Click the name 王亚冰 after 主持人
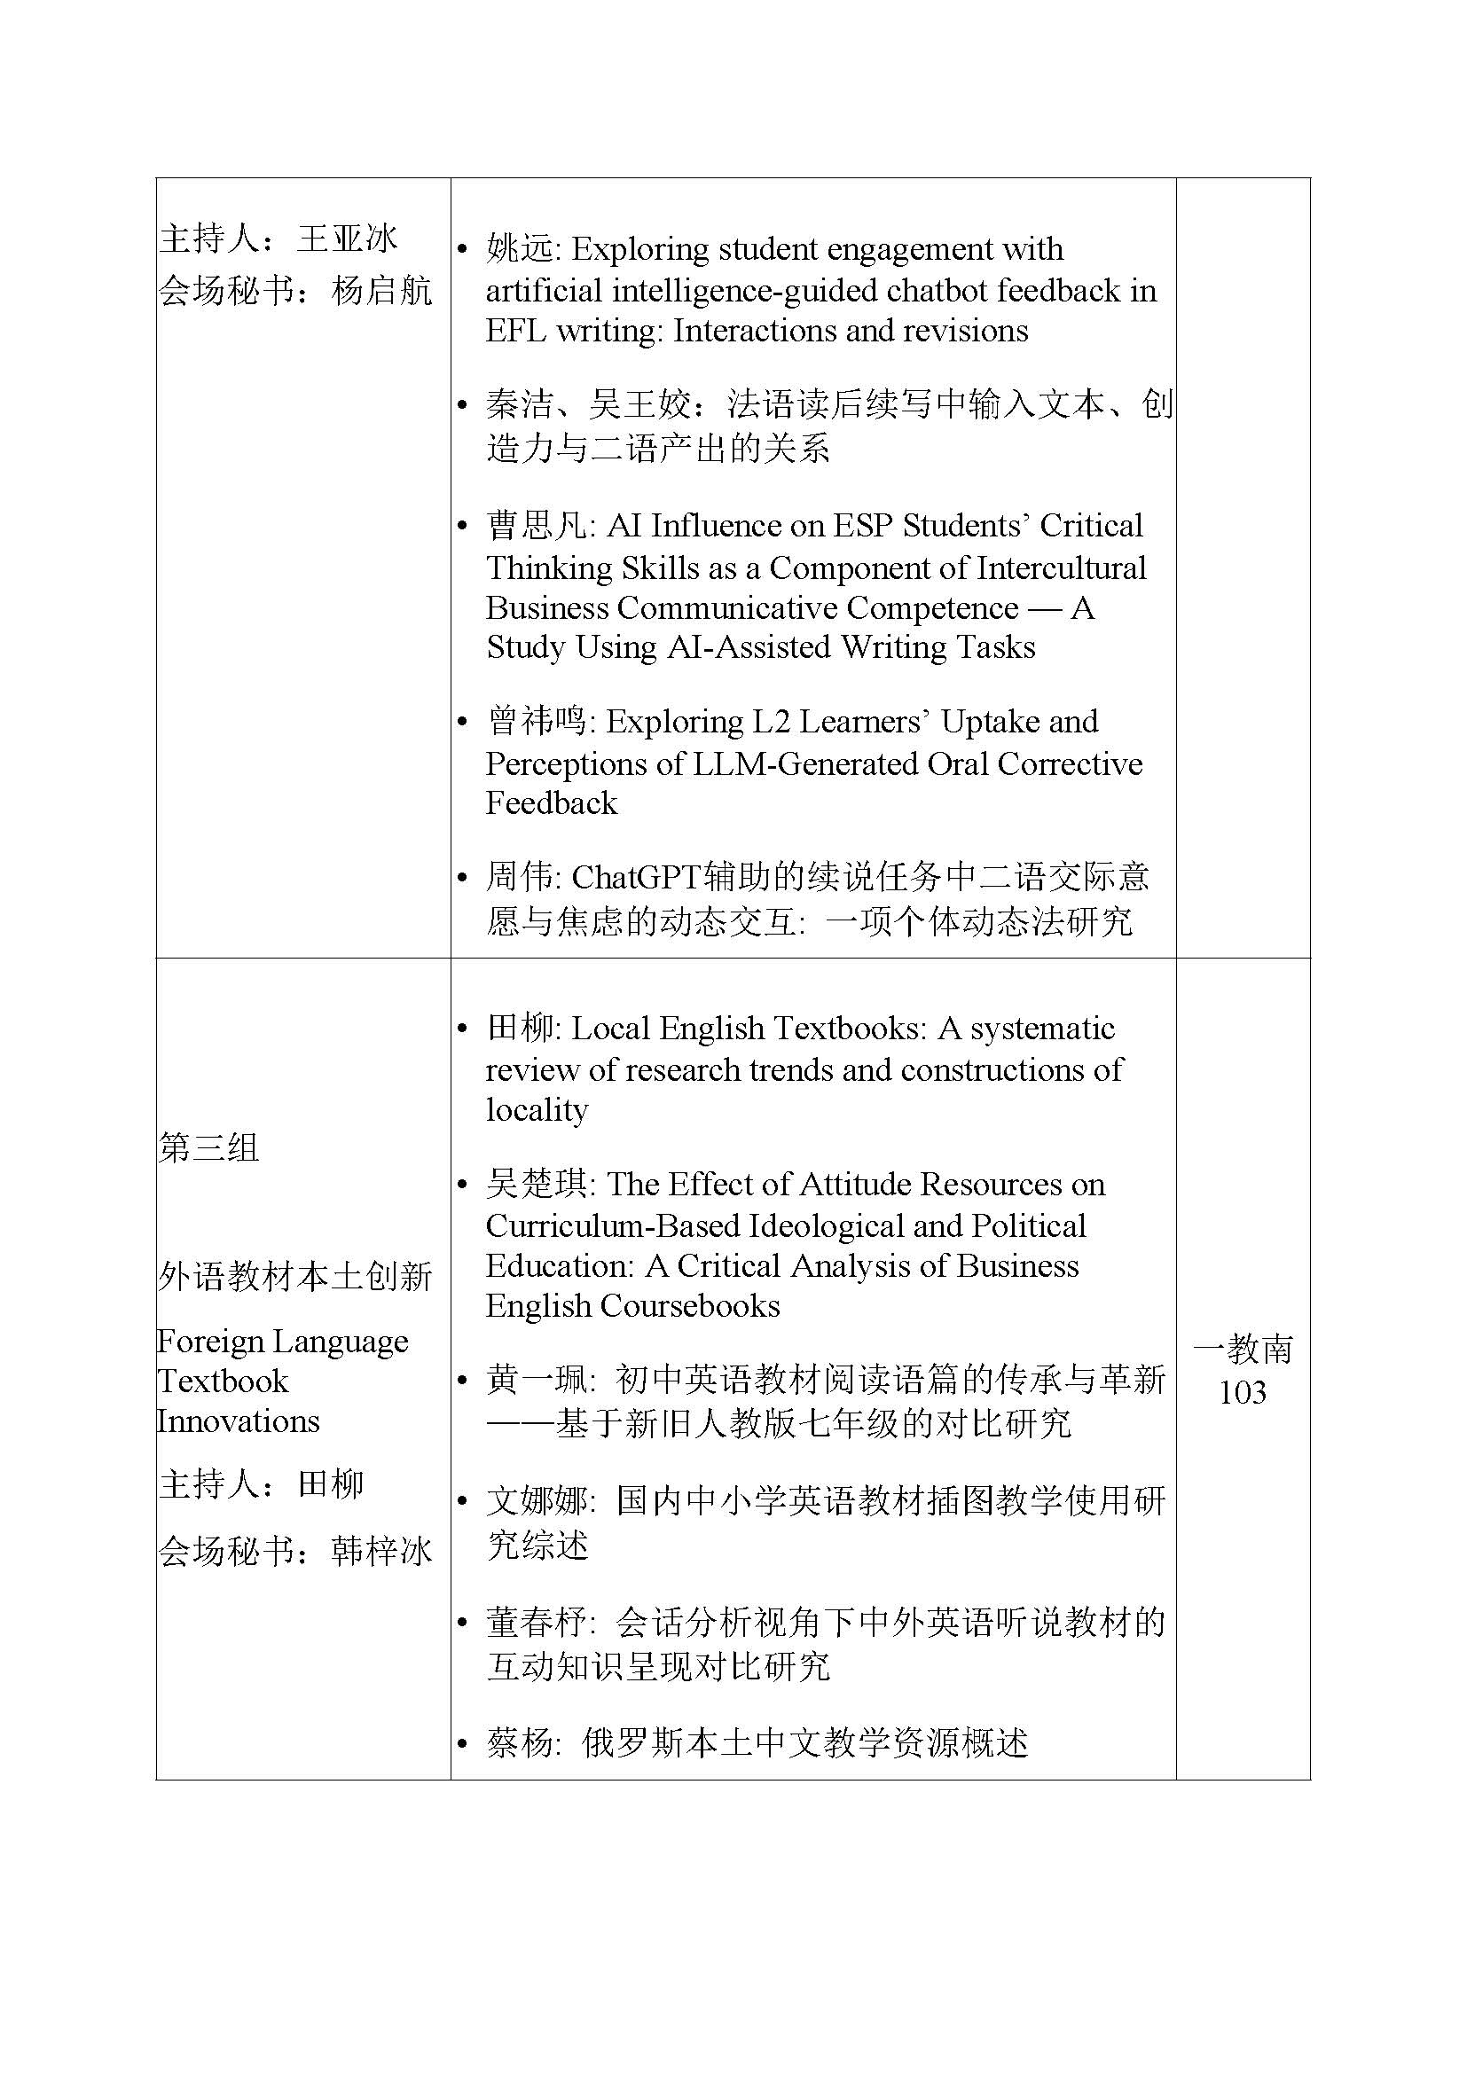pos(348,239)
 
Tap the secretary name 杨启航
pos(382,291)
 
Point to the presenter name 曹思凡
pos(537,526)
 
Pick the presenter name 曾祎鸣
pos(537,722)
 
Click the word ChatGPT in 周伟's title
pos(637,877)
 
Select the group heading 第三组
pos(208,1148)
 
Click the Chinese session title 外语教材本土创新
pos(294,1276)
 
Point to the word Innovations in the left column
pos(239,1420)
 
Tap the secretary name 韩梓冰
pos(382,1551)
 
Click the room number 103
pos(1242,1392)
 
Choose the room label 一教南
pos(1243,1350)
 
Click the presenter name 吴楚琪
pos(537,1185)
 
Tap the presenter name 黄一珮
pos(537,1381)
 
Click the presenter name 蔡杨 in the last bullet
pos(521,1743)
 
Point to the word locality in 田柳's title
pos(537,1109)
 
